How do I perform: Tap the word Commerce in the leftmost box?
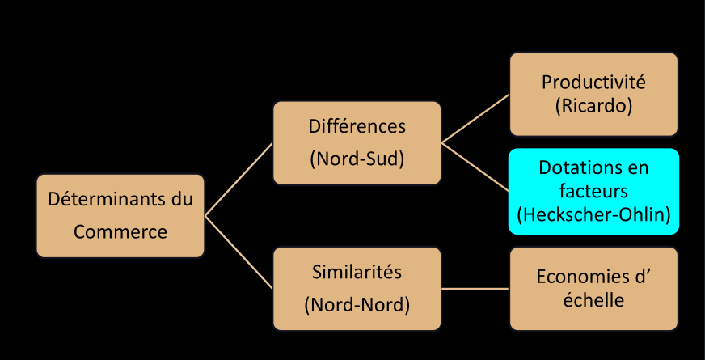tap(120, 231)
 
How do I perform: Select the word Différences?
tap(357, 127)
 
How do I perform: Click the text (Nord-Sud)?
tap(357, 159)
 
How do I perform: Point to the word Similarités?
tap(357, 272)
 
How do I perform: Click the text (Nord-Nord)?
tap(357, 305)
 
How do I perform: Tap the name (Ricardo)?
tap(593, 105)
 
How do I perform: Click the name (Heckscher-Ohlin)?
tap(593, 214)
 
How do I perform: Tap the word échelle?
tap(593, 300)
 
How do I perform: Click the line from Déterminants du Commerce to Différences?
tap(239, 179)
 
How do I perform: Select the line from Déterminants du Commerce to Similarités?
tap(239, 252)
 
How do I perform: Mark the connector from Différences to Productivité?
tap(475, 118)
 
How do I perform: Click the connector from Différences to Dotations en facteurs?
tap(475, 167)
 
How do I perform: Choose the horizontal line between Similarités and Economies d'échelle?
tap(475, 289)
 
